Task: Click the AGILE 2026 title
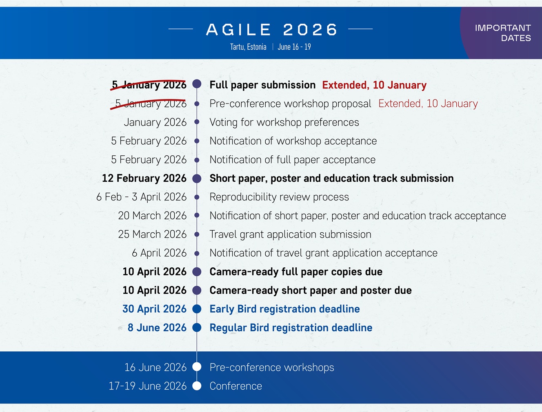[x=271, y=30]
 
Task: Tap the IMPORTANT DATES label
[x=503, y=33]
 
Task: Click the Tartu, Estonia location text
[x=248, y=47]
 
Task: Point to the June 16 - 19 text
[x=294, y=47]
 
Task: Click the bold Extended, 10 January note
[x=374, y=85]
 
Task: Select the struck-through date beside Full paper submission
[x=149, y=85]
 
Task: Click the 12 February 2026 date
[x=144, y=178]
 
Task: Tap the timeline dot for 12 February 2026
[x=197, y=178]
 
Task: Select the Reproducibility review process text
[x=279, y=197]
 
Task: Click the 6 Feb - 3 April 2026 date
[x=141, y=197]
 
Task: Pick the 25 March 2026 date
[x=152, y=234]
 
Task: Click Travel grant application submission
[x=290, y=234]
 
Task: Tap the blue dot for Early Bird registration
[x=197, y=309]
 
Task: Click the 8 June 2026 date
[x=157, y=328]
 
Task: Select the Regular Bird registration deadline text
[x=291, y=328]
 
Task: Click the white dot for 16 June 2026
[x=197, y=367]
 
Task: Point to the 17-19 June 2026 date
[x=147, y=386]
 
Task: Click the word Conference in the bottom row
[x=235, y=386]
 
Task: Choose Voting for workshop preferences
[x=284, y=122]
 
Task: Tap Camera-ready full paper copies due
[x=296, y=272]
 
